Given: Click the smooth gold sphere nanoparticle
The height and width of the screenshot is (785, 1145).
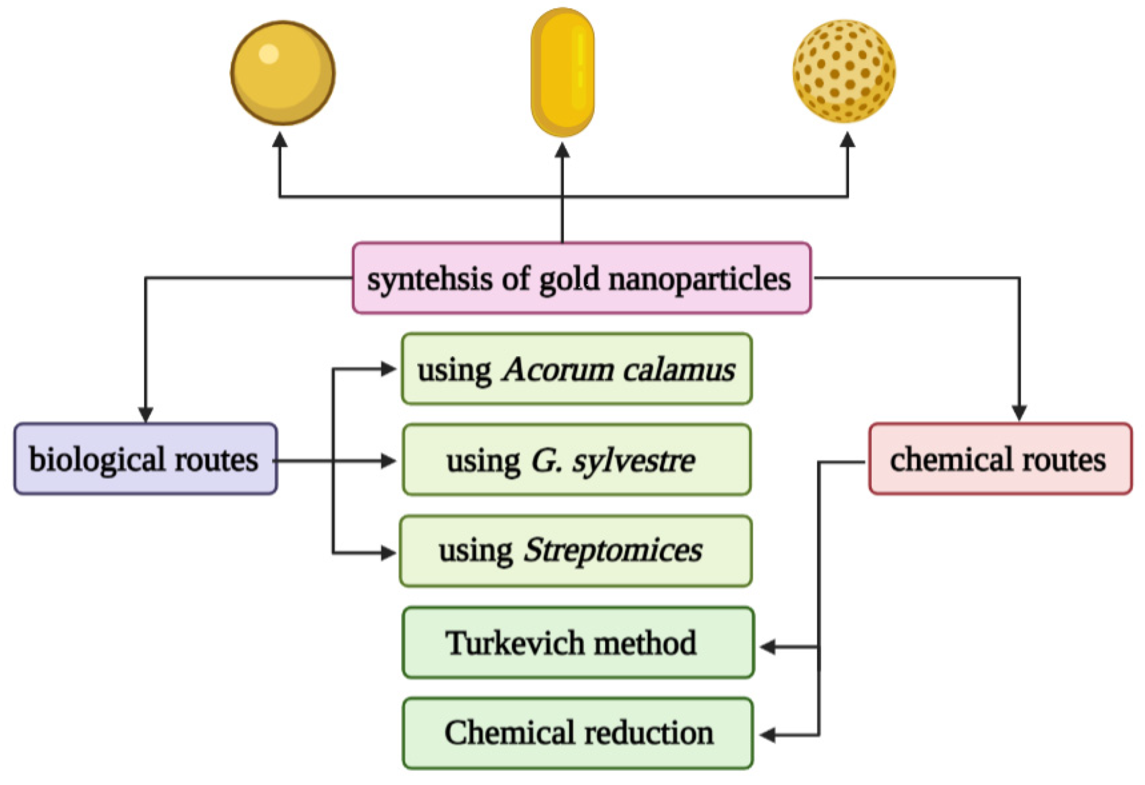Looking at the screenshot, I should click(x=282, y=73).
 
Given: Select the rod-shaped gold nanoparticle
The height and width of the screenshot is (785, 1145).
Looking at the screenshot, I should click(x=562, y=72).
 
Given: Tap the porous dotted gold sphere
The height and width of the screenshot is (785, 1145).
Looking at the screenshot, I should click(x=844, y=71).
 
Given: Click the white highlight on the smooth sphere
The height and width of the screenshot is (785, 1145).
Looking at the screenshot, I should click(x=268, y=54).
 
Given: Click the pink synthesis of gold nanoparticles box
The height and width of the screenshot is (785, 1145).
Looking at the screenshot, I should click(x=581, y=278).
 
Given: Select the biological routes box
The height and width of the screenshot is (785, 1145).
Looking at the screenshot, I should click(x=145, y=459).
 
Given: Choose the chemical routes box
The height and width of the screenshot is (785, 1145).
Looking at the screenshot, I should click(x=1000, y=459).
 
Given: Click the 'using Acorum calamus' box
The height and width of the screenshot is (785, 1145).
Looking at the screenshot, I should click(x=576, y=369).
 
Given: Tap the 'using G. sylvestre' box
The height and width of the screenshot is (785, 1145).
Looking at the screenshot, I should click(x=576, y=460).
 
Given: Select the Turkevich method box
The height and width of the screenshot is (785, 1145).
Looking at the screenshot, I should click(x=578, y=642).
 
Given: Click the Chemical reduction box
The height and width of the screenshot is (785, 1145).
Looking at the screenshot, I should click(x=578, y=733).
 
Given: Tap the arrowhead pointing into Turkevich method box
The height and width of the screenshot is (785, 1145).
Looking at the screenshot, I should click(x=767, y=647).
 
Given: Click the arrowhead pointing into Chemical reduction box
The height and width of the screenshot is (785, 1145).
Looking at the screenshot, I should click(x=767, y=736).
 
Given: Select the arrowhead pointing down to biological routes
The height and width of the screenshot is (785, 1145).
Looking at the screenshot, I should click(x=145, y=414).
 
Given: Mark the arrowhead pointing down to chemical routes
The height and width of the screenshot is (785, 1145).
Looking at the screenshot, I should click(x=1019, y=413).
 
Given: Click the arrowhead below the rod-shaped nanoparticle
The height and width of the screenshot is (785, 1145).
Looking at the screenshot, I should click(x=562, y=149).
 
